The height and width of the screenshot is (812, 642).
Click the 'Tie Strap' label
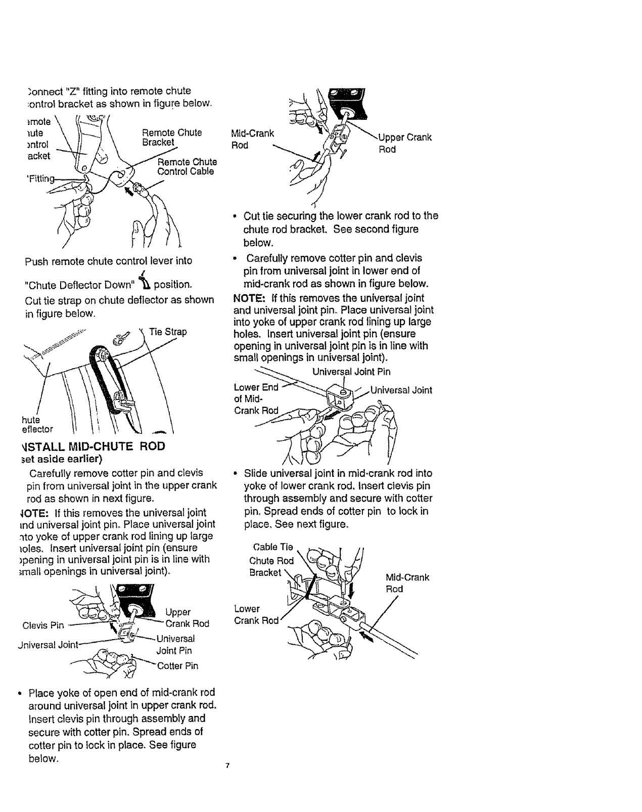168,332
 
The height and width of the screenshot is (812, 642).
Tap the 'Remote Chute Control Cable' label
187,167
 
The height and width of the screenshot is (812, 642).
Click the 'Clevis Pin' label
43,625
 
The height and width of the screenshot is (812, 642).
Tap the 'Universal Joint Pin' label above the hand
351,372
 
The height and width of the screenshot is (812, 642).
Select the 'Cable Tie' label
272,547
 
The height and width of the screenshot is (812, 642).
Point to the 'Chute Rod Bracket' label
271,566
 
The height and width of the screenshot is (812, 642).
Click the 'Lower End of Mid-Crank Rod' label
256,399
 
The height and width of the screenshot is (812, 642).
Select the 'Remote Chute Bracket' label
172,138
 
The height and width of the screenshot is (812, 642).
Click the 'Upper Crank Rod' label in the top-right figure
405,143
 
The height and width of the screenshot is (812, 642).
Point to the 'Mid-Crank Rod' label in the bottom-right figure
407,583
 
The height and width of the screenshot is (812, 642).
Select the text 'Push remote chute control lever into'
109,261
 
